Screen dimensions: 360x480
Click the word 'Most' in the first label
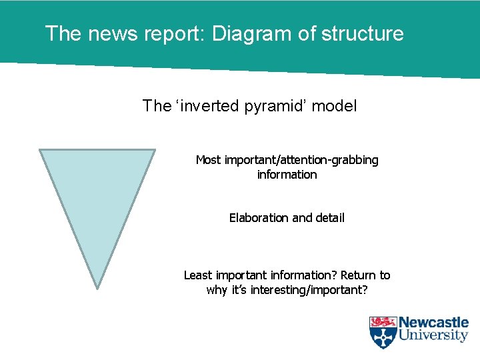[209, 160]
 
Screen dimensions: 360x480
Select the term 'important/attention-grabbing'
[301, 160]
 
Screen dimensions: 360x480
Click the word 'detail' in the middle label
[328, 218]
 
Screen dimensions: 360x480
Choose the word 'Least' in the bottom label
[198, 275]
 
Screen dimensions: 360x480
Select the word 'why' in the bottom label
[217, 290]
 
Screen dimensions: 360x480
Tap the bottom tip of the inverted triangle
[98, 288]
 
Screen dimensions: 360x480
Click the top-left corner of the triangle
[40, 150]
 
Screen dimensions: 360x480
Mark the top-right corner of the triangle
[155, 150]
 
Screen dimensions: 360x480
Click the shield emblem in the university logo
[383, 332]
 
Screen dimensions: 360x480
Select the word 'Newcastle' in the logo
[433, 323]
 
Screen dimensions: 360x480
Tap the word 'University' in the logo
[433, 336]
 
